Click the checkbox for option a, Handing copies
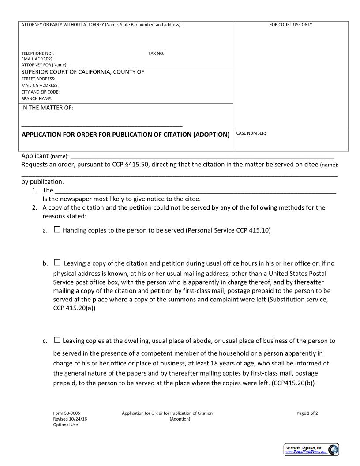[57, 230]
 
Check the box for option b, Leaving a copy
[57, 263]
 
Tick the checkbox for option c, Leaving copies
[57, 340]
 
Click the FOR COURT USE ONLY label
[291, 25]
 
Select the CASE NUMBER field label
[251, 133]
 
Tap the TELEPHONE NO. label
[37, 53]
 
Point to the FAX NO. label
[157, 53]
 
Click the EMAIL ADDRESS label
[37, 59]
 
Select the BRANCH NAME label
[37, 98]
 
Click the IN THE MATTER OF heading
[47, 108]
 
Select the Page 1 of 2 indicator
[307, 413]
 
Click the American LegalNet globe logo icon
[334, 450]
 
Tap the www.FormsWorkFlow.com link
[305, 452]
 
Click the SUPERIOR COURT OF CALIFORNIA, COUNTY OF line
[83, 72]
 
